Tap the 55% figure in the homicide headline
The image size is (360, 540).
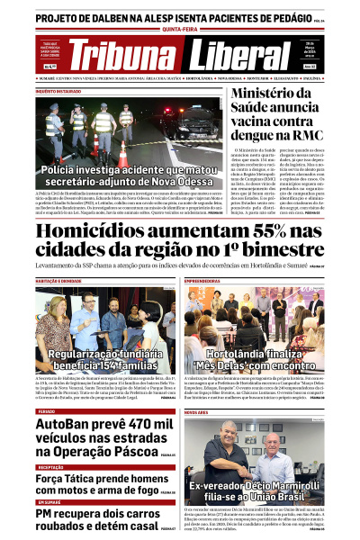242,232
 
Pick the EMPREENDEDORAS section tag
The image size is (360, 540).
208,281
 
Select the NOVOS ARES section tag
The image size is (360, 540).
197,411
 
